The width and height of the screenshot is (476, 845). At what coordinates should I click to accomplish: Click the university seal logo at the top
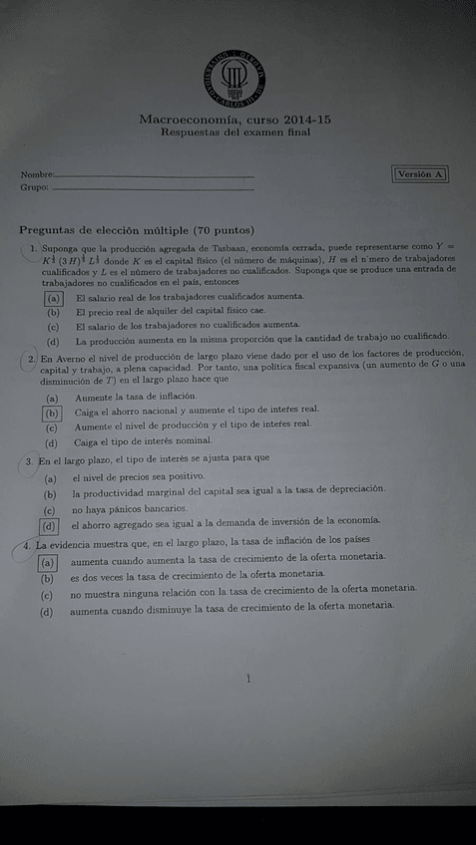[x=236, y=76]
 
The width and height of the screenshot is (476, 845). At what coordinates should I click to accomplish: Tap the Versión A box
[x=420, y=173]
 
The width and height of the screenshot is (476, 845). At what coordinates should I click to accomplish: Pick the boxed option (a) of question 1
[x=54, y=297]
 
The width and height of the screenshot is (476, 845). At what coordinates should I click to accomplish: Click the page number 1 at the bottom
[x=246, y=678]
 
